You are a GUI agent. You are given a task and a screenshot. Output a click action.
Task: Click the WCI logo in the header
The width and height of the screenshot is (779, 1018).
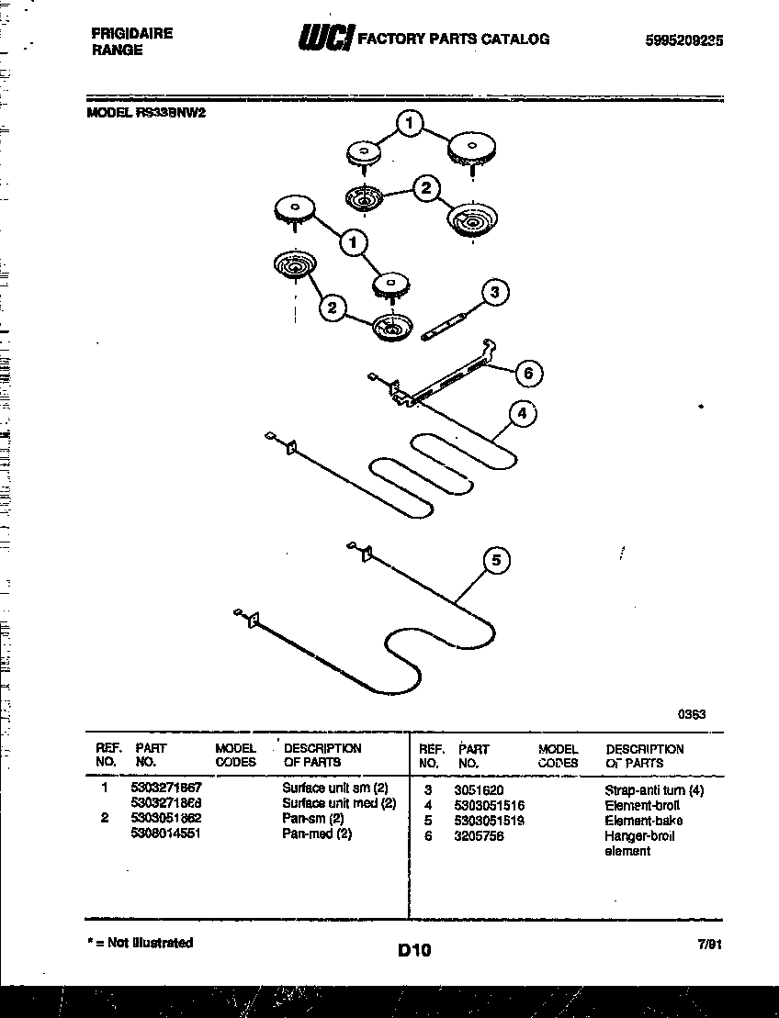coord(323,39)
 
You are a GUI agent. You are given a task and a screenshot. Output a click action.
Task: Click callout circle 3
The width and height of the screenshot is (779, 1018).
coord(494,293)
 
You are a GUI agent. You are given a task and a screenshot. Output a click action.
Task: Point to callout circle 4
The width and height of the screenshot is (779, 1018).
coord(521,414)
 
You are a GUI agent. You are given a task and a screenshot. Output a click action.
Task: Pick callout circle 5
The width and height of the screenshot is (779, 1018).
coord(496,560)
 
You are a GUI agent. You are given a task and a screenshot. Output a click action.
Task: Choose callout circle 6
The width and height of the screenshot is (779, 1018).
coord(527,373)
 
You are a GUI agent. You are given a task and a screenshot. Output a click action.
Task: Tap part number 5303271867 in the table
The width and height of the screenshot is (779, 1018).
coord(166,789)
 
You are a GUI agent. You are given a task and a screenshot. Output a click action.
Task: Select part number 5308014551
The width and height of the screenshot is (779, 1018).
coord(166,833)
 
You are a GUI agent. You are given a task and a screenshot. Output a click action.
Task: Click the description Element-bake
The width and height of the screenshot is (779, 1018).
coord(643,821)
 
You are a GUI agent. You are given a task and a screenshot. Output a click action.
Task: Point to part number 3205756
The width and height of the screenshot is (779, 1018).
coord(479,836)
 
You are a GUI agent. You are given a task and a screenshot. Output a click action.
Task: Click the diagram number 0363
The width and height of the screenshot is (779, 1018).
coord(692,713)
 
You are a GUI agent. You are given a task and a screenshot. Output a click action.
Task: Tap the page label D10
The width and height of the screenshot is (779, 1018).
coord(414,951)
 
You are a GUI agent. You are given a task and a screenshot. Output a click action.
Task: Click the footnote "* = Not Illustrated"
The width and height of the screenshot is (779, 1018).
coord(140,943)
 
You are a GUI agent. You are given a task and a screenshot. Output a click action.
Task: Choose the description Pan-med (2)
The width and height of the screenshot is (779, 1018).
coord(317,833)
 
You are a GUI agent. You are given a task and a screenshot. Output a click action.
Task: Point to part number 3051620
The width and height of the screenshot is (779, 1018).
coord(479,790)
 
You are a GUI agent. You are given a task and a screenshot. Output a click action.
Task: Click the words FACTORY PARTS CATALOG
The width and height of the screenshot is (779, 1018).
coord(453,39)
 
